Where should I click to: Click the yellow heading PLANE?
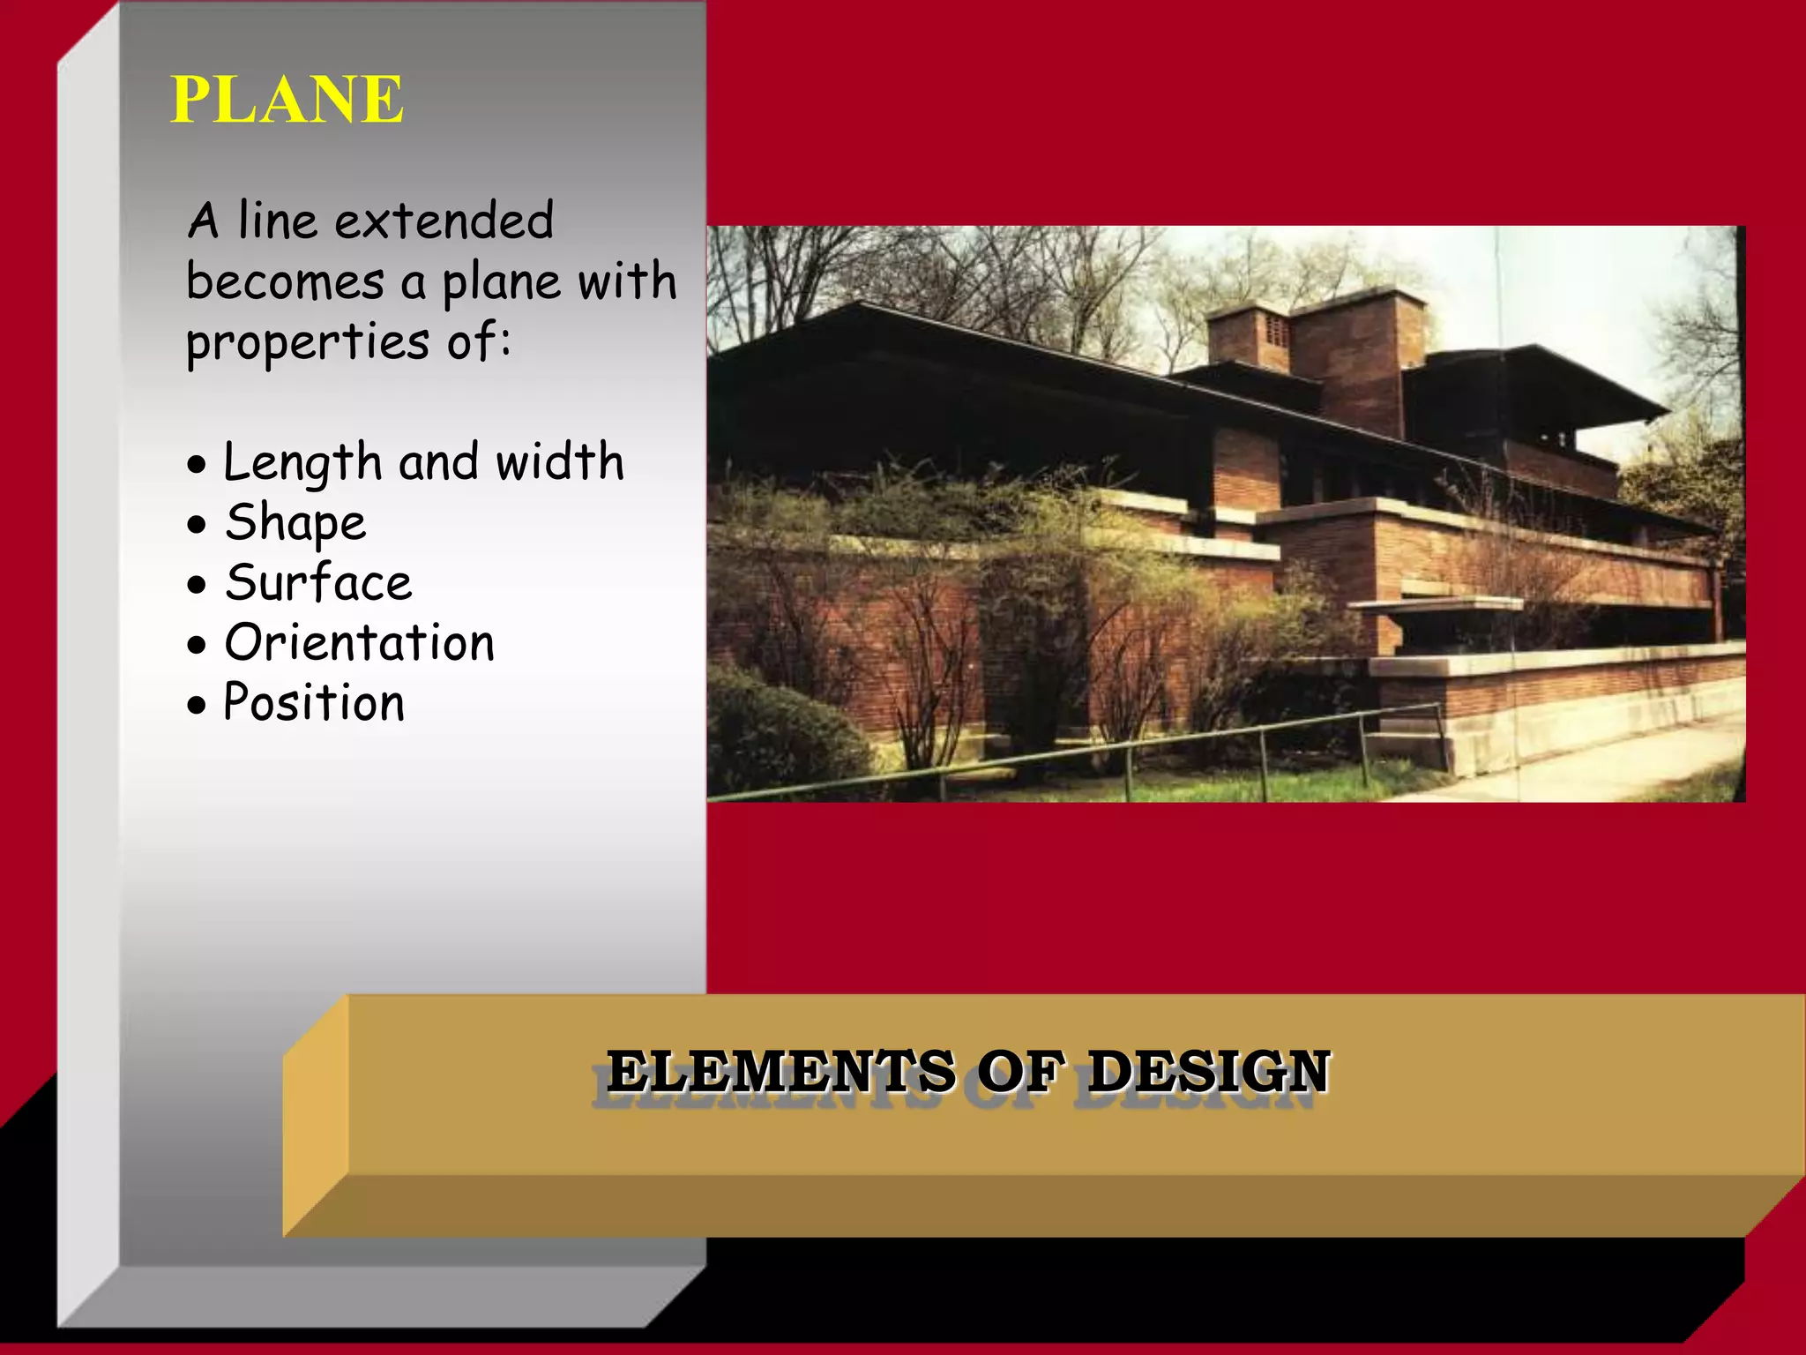pyautogui.click(x=287, y=99)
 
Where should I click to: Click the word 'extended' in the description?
pyautogui.click(x=444, y=221)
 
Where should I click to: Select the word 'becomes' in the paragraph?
pyautogui.click(x=285, y=282)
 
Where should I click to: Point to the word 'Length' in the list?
pyautogui.click(x=302, y=462)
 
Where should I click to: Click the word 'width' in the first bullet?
pyautogui.click(x=559, y=462)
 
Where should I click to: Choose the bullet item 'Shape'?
pyautogui.click(x=295, y=523)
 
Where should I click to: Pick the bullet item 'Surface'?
pyautogui.click(x=318, y=583)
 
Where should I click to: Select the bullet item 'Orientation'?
pyautogui.click(x=360, y=643)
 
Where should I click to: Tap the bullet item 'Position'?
pyautogui.click(x=314, y=703)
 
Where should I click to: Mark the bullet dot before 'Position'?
pyautogui.click(x=197, y=706)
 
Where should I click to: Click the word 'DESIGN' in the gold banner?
pyautogui.click(x=1208, y=1072)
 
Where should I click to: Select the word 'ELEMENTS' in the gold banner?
pyautogui.click(x=780, y=1072)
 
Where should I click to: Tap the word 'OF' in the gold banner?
pyautogui.click(x=1021, y=1072)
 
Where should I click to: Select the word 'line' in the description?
pyautogui.click(x=277, y=221)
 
